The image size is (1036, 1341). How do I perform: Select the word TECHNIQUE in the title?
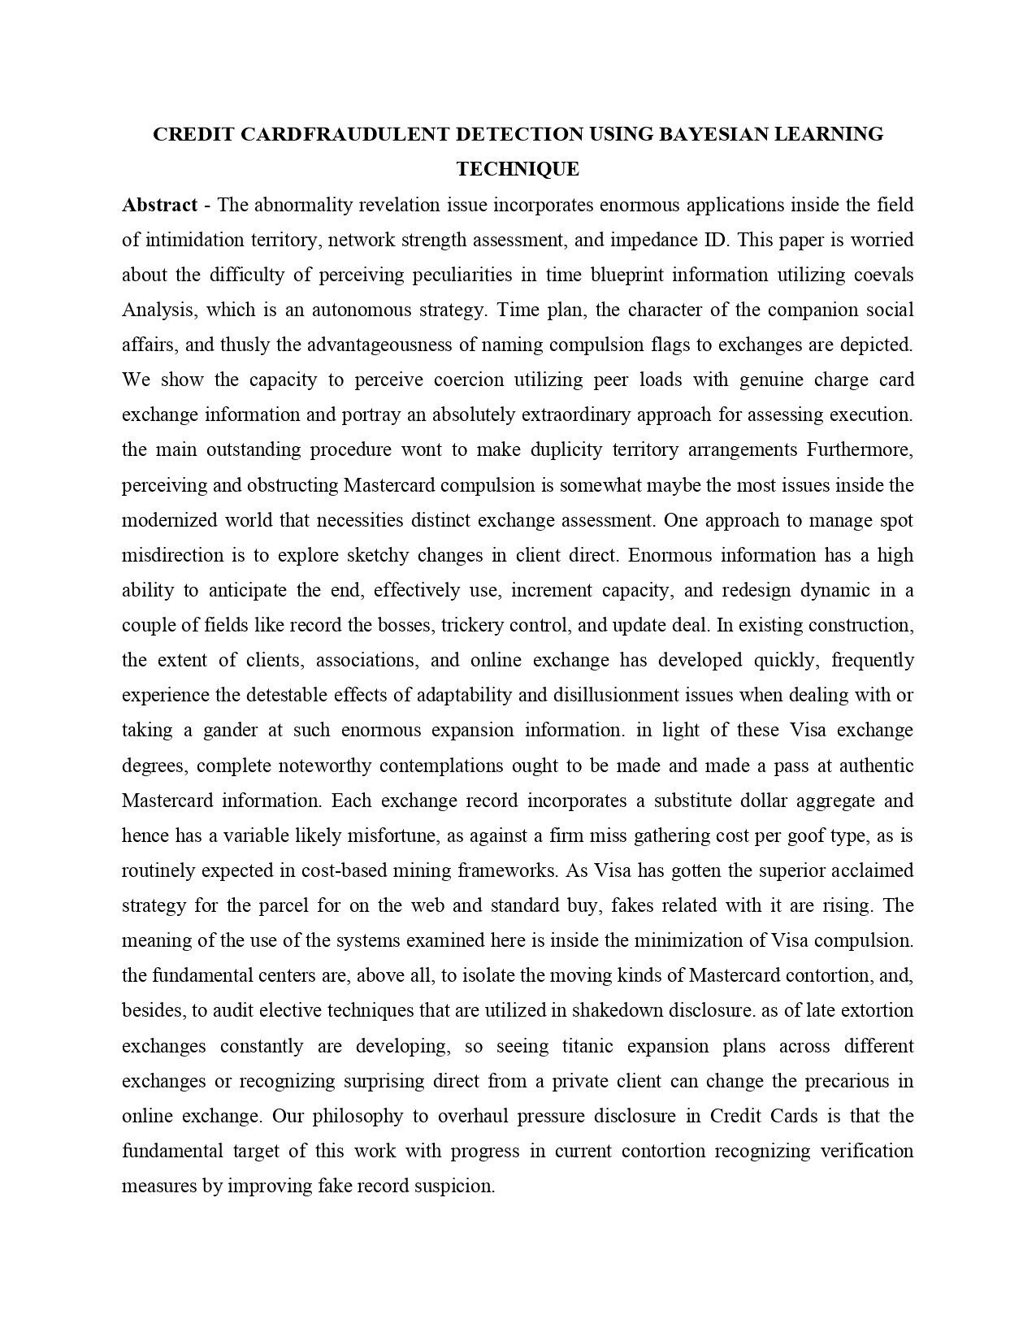[518, 169]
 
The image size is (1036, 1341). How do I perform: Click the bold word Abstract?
[159, 205]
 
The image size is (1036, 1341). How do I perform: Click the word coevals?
[883, 275]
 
